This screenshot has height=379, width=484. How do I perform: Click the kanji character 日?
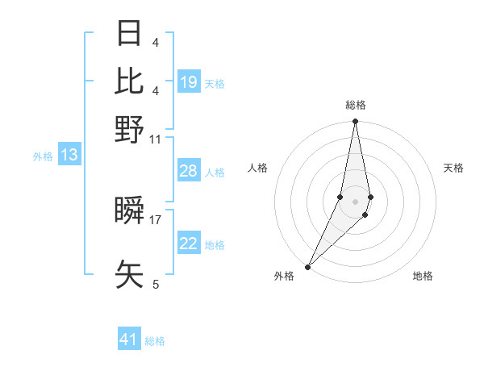pyautogui.click(x=130, y=34)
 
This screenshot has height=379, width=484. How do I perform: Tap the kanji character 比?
pyautogui.click(x=130, y=81)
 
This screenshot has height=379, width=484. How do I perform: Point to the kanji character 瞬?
pyautogui.click(x=130, y=211)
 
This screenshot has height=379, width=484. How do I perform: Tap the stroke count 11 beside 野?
pyautogui.click(x=156, y=139)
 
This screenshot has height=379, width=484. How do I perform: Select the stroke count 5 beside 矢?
pyautogui.click(x=156, y=284)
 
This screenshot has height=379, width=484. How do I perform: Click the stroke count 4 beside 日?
pyautogui.click(x=156, y=43)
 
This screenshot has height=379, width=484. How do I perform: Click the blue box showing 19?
pyautogui.click(x=189, y=82)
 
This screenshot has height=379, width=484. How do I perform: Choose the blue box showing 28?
pyautogui.click(x=189, y=171)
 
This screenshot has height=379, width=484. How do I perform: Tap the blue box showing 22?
pyautogui.click(x=189, y=244)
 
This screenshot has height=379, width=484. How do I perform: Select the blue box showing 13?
pyautogui.click(x=69, y=155)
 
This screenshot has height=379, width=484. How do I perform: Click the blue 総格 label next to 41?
pyautogui.click(x=155, y=341)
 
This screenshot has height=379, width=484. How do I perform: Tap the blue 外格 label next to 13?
pyautogui.click(x=43, y=156)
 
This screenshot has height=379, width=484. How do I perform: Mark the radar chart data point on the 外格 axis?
pyautogui.click(x=308, y=266)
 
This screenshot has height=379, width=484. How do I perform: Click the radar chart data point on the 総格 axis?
pyautogui.click(x=355, y=122)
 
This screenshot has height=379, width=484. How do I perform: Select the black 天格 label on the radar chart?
pyautogui.click(x=453, y=168)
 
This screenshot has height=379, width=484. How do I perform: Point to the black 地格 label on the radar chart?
pyautogui.click(x=423, y=277)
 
